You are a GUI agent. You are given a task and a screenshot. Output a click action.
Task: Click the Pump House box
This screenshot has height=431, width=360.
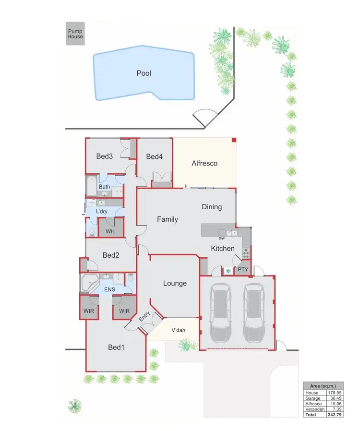75,34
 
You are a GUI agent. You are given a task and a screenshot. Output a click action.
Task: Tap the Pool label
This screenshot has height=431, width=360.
144,73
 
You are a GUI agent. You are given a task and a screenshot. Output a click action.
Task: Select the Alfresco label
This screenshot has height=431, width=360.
204,163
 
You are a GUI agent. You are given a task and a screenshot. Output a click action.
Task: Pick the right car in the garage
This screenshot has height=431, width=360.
253,311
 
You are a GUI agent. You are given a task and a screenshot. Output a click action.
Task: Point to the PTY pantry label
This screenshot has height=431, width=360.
243,269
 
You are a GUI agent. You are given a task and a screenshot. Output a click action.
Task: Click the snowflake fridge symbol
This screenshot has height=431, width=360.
228,271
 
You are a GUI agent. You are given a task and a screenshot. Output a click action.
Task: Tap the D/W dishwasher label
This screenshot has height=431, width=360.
222,238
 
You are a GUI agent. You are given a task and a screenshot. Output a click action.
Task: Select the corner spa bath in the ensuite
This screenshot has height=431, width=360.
89,284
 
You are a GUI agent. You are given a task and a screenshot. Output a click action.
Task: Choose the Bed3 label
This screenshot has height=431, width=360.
104,156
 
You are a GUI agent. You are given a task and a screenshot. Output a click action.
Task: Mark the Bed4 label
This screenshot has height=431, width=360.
155,156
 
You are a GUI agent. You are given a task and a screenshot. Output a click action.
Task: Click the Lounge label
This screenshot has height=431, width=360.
175,283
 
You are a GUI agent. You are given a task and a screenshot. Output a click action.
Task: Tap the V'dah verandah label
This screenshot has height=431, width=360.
179,330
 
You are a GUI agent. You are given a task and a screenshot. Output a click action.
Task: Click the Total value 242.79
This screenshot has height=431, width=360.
334,414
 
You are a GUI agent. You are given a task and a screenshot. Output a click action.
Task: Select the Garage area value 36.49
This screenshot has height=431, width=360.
334,398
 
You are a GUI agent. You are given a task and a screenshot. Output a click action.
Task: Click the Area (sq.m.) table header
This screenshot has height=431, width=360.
323,386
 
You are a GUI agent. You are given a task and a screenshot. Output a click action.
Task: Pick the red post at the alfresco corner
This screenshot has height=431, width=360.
234,140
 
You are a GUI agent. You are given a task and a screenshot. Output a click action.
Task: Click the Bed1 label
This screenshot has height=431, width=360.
116,347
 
